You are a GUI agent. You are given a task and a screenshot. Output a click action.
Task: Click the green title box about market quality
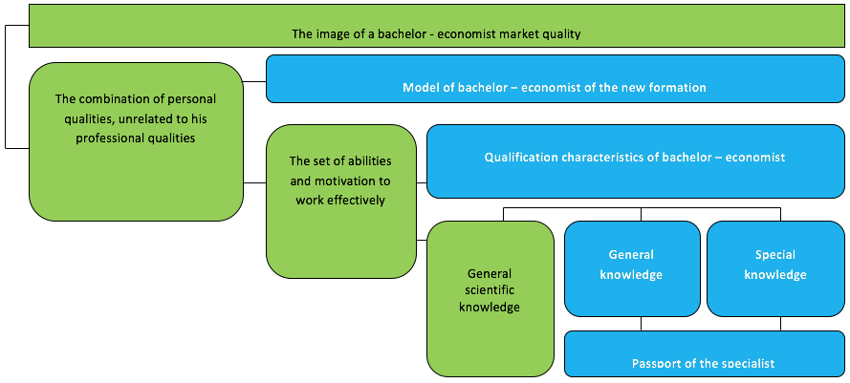tap(436, 26)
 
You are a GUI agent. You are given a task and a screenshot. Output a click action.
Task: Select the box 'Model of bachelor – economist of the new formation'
tap(556, 78)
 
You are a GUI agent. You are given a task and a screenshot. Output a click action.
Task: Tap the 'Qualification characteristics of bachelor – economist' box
tap(635, 160)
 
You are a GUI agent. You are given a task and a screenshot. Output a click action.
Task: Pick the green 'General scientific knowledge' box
tap(490, 299)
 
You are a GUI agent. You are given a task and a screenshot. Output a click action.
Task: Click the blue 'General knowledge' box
tap(632, 268)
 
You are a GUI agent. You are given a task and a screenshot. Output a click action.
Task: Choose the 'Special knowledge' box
tap(775, 268)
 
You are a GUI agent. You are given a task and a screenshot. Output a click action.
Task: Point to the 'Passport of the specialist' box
tap(704, 353)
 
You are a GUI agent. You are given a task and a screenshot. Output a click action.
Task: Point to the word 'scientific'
tap(490, 289)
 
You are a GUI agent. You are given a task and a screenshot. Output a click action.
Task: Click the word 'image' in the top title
tap(329, 34)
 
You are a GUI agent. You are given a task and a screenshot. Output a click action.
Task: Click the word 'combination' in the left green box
tap(110, 99)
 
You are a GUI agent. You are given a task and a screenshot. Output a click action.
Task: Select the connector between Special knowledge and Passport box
tap(780, 324)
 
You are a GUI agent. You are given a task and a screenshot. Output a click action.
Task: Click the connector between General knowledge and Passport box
tap(642, 324)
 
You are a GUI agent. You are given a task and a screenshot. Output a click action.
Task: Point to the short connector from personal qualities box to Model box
tap(254, 82)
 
